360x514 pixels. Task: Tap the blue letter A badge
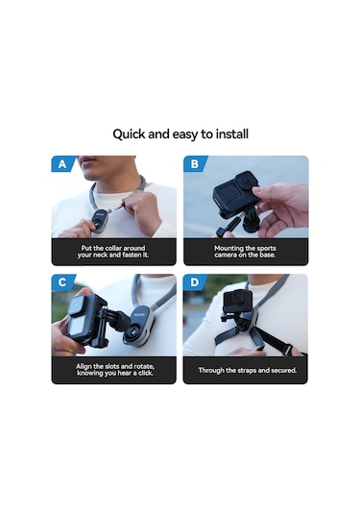coord(62,163)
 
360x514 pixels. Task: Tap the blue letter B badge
coord(195,163)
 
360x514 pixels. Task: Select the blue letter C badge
coord(62,281)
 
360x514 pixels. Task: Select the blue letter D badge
coord(195,281)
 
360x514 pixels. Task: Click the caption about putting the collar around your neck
coord(113,252)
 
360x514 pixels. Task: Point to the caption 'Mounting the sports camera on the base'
coord(246,252)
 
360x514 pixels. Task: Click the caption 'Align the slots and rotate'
coord(113,370)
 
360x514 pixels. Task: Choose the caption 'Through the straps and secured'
coord(246,370)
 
